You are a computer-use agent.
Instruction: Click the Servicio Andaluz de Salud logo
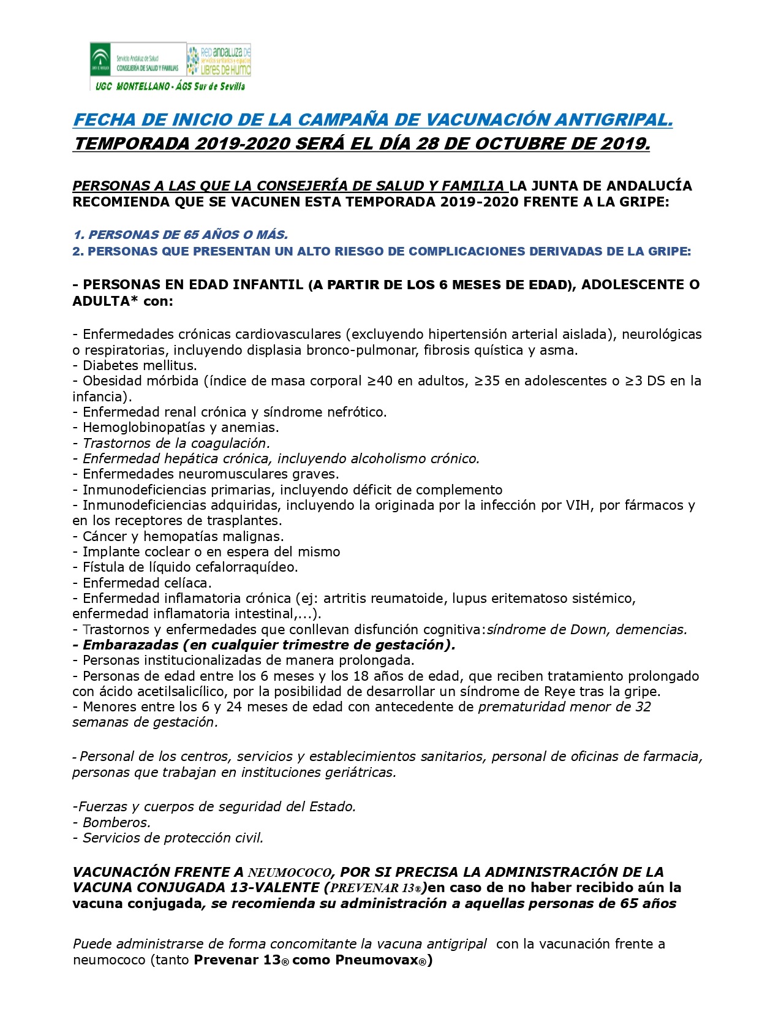[137, 60]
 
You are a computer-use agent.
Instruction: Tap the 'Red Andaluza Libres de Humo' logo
[219, 60]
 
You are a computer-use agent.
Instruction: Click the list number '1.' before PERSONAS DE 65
[78, 235]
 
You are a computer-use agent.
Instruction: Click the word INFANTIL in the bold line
[268, 285]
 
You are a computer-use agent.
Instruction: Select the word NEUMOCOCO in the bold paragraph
[290, 873]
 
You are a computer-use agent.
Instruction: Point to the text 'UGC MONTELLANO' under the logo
[132, 86]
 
